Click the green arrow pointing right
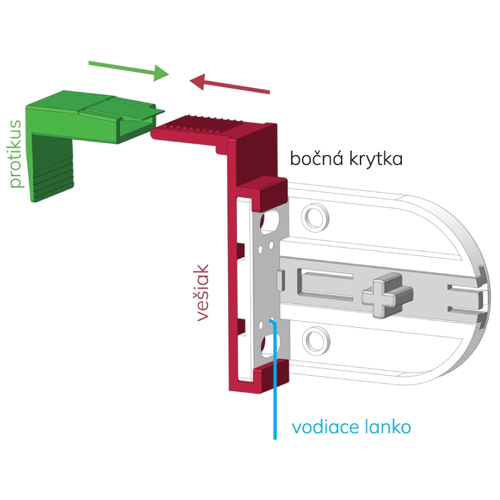(x=129, y=68)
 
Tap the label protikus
(x=16, y=153)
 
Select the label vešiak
(x=202, y=292)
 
